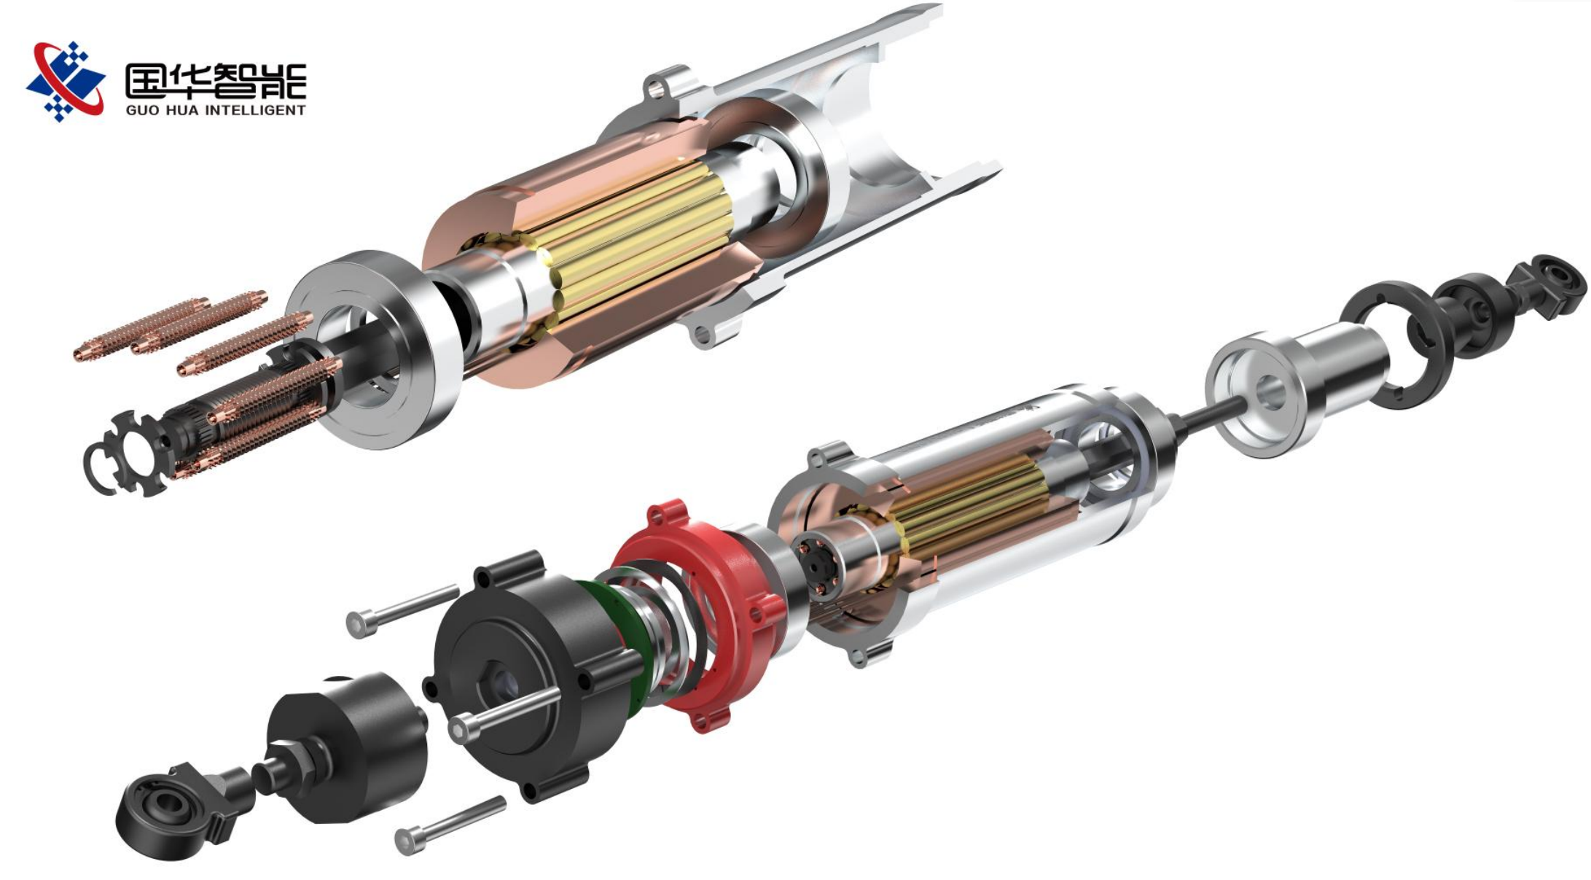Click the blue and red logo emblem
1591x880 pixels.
(66, 80)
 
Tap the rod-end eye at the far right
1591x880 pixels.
(1549, 284)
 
